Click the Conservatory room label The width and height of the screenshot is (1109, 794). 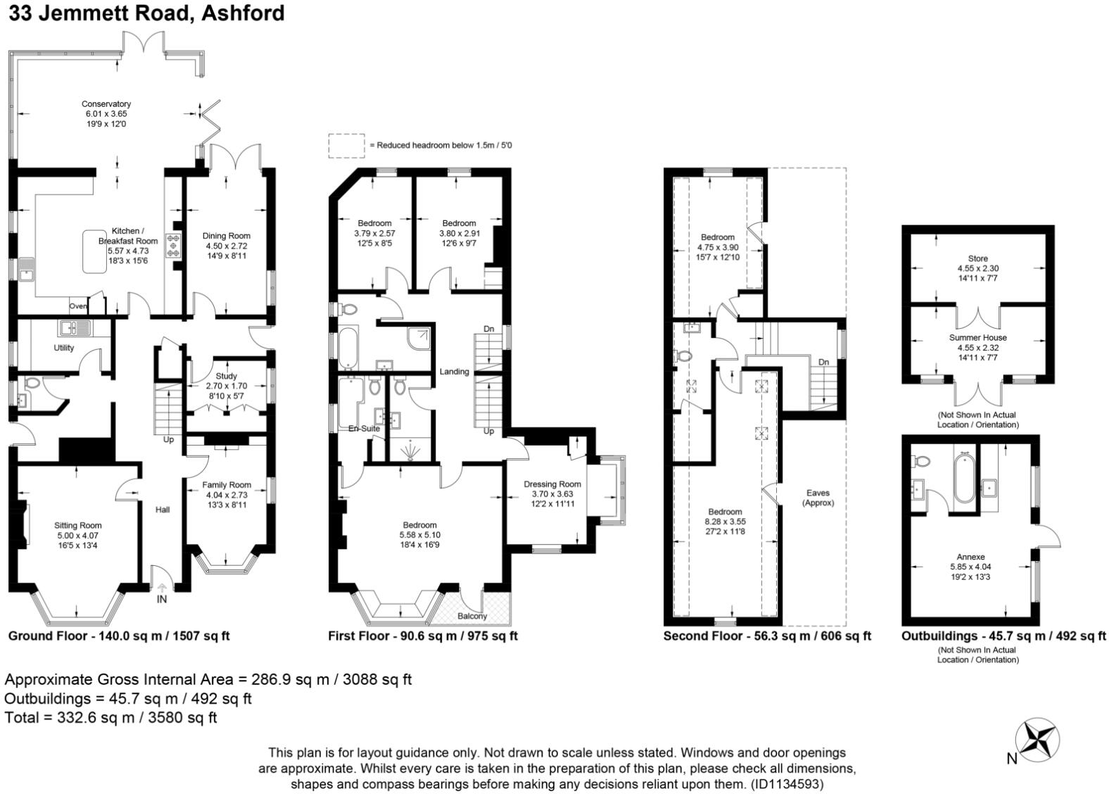coord(106,104)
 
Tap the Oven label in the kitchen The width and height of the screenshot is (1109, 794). coord(78,306)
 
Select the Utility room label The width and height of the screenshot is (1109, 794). coord(64,348)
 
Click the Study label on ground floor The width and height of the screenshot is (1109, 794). coord(226,376)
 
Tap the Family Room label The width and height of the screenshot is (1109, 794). coord(227,485)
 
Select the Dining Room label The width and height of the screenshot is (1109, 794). coord(226,236)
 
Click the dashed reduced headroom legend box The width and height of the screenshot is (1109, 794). coord(346,145)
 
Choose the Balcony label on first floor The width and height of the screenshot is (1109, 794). coord(472,616)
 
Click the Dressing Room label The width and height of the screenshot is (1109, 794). coord(552,484)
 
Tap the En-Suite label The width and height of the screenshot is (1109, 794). coord(364,428)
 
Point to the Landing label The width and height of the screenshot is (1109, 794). coord(454,372)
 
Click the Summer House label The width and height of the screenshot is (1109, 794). coord(977,338)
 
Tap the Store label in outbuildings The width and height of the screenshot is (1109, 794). coord(977,258)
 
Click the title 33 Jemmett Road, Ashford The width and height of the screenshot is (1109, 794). coord(146,13)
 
